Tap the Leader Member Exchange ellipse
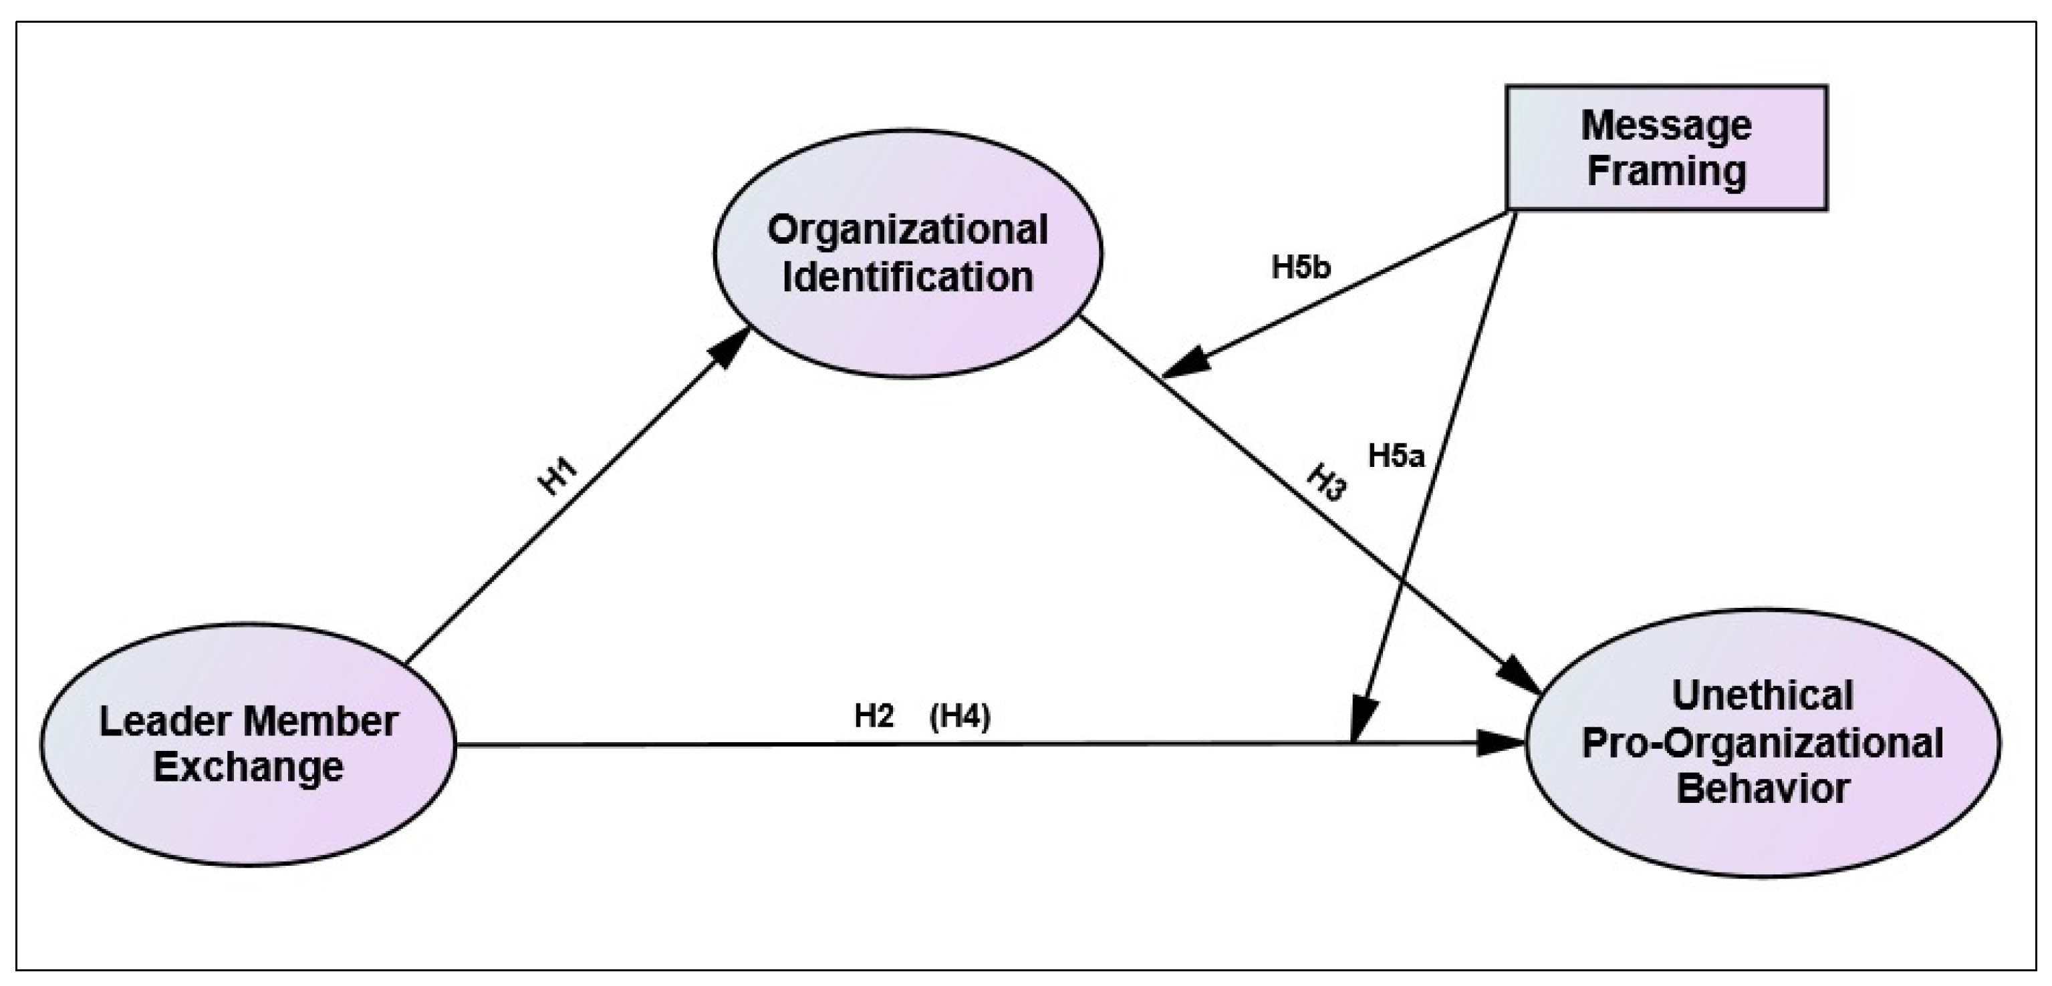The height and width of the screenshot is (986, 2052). pos(248,744)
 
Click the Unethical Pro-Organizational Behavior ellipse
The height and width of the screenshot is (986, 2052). pos(1762,742)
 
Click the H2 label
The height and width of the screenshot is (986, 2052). pos(874,716)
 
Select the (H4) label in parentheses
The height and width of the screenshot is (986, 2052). pos(960,717)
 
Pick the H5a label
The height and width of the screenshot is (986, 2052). pos(1396,456)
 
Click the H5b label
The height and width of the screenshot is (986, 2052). pos(1301,268)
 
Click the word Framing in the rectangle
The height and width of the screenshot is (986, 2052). pos(1666,171)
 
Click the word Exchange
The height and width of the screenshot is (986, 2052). pos(248,767)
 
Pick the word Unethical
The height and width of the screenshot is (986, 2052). pos(1762,695)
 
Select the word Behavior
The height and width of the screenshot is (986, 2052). pos(1762,788)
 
